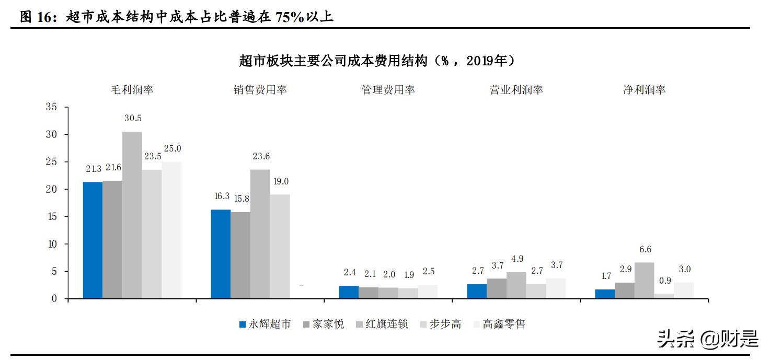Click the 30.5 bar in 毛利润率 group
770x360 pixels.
[132, 215]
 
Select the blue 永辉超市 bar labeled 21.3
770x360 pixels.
[93, 240]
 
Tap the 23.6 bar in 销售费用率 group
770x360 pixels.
[260, 234]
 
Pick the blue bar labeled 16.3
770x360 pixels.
[221, 254]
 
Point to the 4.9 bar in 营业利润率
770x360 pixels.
[516, 285]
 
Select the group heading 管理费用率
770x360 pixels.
[388, 90]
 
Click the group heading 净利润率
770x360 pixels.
[644, 90]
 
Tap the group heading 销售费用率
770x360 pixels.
[260, 90]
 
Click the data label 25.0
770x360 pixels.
[171, 149]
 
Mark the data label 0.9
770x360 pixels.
[664, 281]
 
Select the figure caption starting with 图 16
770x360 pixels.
[176, 17]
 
